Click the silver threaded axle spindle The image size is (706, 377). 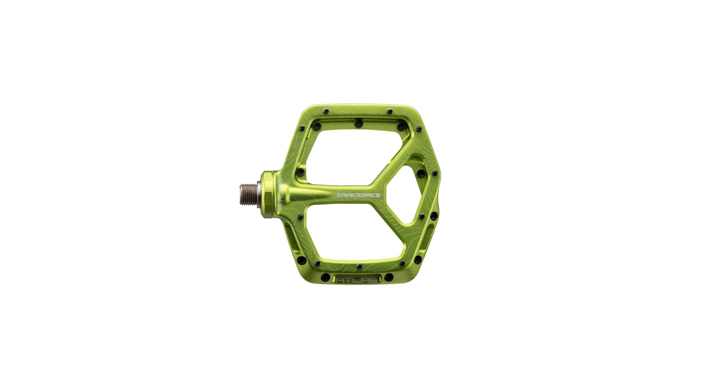[251, 194]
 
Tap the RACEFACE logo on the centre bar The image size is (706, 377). [359, 195]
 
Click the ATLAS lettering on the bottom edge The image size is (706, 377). [357, 280]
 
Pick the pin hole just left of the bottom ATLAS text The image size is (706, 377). [325, 277]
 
